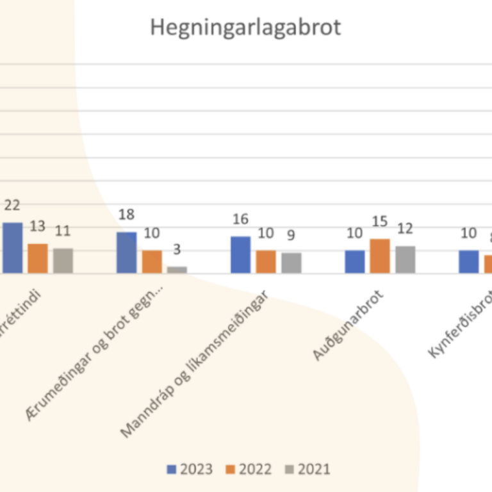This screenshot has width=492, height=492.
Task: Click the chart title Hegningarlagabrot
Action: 245,28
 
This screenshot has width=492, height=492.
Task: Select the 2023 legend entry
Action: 190,469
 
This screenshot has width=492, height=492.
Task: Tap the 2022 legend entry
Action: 249,469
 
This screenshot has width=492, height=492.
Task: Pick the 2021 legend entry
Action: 308,469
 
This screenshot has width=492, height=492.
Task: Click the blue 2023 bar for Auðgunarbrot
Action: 355,261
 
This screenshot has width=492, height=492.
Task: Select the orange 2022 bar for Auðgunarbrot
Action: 380,256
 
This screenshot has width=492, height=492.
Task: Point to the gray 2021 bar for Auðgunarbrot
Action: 405,259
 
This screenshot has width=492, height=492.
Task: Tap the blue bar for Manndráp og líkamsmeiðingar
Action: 241,255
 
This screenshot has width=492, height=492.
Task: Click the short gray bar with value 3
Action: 177,270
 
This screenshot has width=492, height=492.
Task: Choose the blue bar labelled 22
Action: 12,248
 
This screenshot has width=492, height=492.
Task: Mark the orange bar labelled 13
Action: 38,258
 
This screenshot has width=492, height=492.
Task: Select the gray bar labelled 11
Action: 63,261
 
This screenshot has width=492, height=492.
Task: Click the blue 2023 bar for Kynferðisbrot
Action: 468,261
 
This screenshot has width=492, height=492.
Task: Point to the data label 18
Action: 126,215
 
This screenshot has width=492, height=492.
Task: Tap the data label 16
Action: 240,219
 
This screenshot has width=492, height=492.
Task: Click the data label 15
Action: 380,222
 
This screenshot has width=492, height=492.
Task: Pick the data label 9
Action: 291,235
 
